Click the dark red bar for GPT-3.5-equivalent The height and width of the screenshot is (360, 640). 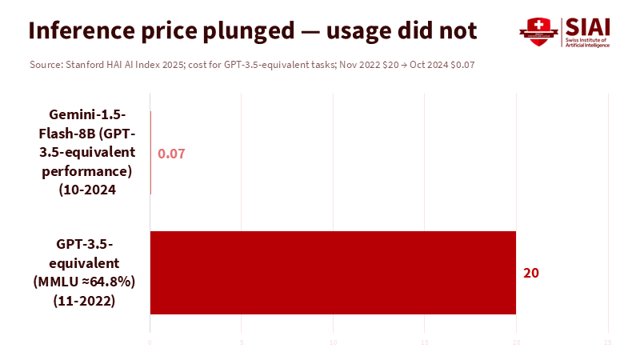click(333, 273)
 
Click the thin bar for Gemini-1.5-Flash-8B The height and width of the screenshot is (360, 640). click(150, 153)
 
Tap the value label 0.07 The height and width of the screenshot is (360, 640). click(171, 154)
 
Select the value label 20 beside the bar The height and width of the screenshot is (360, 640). click(531, 273)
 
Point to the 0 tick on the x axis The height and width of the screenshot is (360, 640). click(150, 342)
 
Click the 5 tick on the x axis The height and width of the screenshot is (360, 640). click(242, 342)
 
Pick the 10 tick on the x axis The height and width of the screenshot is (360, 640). click(333, 342)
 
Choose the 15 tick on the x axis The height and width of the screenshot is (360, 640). click(425, 342)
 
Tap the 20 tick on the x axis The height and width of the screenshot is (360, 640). click(516, 342)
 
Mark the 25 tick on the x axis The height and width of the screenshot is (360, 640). click(608, 342)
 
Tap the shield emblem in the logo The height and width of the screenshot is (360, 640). click(537, 30)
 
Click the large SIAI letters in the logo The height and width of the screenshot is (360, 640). click(588, 26)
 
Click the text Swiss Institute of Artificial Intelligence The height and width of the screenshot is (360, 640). click(587, 42)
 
